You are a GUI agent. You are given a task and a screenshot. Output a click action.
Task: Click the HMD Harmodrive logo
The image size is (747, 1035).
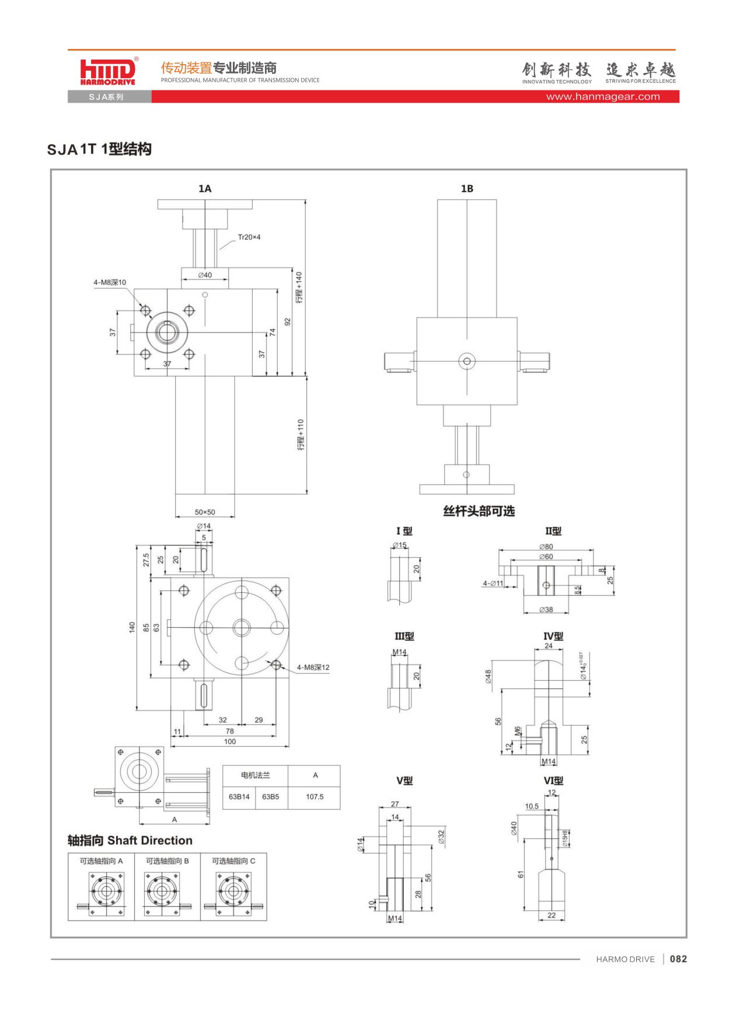[x=109, y=72]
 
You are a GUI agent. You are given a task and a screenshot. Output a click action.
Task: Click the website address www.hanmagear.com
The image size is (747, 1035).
[x=603, y=97]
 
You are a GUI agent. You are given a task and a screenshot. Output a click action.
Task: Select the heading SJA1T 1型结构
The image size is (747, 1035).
[x=99, y=149]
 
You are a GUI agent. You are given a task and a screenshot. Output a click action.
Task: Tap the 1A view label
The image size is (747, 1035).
[x=205, y=188]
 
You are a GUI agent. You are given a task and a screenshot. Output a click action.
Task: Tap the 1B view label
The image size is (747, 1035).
[x=467, y=188]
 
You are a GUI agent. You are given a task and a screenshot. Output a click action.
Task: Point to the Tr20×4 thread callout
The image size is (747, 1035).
[x=249, y=237]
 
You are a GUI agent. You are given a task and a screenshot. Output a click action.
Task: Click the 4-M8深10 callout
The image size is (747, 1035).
[x=110, y=282]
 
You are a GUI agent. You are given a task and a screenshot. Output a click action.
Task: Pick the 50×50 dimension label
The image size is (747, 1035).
[x=205, y=512]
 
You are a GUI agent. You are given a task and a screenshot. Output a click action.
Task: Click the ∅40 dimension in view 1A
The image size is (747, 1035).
[x=205, y=275]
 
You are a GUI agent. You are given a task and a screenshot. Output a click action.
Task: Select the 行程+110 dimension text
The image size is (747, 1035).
[x=301, y=435]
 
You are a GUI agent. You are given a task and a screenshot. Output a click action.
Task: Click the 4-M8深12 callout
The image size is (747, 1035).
[x=313, y=667]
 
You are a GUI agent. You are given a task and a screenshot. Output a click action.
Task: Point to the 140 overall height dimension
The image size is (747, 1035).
[x=132, y=627]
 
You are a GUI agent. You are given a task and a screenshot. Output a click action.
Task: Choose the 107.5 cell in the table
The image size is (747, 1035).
[x=315, y=796]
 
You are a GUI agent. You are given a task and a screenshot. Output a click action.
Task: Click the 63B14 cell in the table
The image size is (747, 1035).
[x=239, y=796]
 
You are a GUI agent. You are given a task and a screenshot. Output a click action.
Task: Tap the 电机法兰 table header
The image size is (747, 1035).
[x=255, y=775]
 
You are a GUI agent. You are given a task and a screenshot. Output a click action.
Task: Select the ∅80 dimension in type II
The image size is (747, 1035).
[x=546, y=547]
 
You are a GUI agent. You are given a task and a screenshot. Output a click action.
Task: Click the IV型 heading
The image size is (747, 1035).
[x=553, y=637]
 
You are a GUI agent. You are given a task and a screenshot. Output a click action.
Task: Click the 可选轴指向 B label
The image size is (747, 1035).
[x=167, y=861]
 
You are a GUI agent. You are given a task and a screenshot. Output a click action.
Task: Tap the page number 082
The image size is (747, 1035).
[x=678, y=959]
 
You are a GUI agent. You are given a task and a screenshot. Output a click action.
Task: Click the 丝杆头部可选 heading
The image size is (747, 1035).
[x=479, y=511]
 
